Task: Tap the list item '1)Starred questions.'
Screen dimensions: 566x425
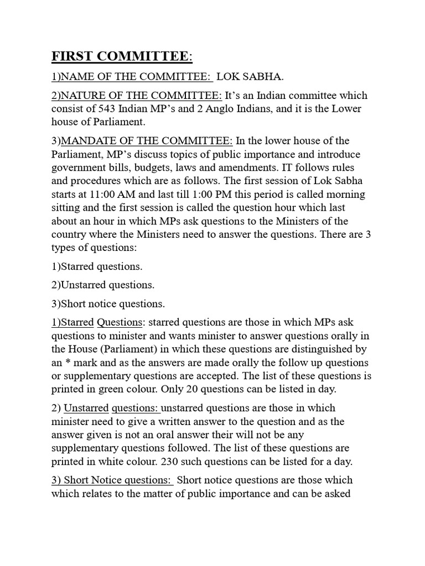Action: point(97,266)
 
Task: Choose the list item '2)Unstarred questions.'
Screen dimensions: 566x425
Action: point(103,285)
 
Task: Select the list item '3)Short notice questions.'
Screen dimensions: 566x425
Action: point(108,304)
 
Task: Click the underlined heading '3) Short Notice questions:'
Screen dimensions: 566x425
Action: point(111,480)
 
